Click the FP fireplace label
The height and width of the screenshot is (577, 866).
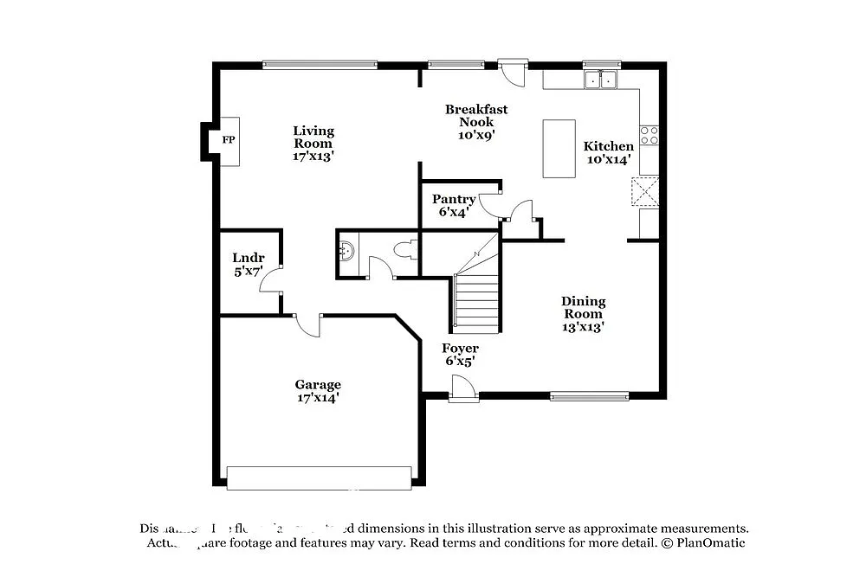pyautogui.click(x=229, y=140)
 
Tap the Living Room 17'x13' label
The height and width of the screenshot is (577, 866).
pyautogui.click(x=313, y=144)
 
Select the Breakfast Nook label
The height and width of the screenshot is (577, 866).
pyautogui.click(x=476, y=121)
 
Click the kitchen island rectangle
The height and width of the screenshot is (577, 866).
pyautogui.click(x=559, y=149)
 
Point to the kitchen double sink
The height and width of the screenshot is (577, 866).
pyautogui.click(x=600, y=80)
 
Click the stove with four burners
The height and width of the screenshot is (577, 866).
pyautogui.click(x=649, y=135)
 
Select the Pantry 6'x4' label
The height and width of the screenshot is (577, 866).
pyautogui.click(x=454, y=205)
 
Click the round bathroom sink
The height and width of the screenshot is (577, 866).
pyautogui.click(x=347, y=252)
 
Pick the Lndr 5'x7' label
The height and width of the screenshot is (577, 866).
pyautogui.click(x=247, y=265)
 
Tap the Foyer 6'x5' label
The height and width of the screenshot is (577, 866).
pyautogui.click(x=460, y=355)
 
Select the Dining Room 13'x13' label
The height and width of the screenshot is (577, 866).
pyautogui.click(x=584, y=314)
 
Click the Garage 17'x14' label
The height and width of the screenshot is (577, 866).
pyautogui.click(x=318, y=391)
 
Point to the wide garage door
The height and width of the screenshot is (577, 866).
pyautogui.click(x=319, y=478)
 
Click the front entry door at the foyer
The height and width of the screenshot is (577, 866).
pyautogui.click(x=463, y=392)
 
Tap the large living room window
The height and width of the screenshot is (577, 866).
pyautogui.click(x=320, y=64)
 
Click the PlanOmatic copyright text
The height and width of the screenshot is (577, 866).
pyautogui.click(x=703, y=543)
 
